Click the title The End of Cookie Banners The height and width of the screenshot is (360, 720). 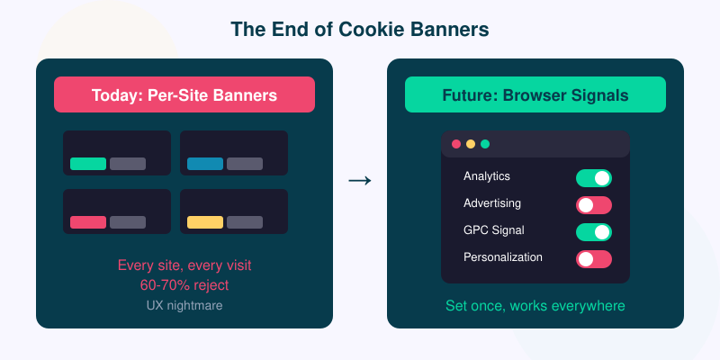click(x=360, y=29)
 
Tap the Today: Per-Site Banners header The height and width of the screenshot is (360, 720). click(x=184, y=94)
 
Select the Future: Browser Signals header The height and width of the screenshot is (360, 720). click(x=535, y=94)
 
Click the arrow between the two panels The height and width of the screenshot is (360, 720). click(x=359, y=181)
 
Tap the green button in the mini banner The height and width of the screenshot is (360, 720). click(x=88, y=164)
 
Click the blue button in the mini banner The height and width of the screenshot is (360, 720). click(x=205, y=164)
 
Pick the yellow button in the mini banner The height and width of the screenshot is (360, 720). click(x=205, y=222)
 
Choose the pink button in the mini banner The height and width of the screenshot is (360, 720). click(x=88, y=222)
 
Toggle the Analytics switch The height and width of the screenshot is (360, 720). click(x=594, y=178)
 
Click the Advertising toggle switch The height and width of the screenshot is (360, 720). click(x=594, y=205)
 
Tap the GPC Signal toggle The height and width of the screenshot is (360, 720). click(x=594, y=232)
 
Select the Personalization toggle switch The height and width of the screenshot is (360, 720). click(x=594, y=259)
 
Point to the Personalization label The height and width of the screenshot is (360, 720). click(x=503, y=257)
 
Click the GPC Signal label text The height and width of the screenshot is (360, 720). click(x=494, y=230)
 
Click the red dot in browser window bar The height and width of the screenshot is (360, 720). click(x=456, y=144)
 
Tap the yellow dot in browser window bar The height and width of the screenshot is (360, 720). click(x=471, y=144)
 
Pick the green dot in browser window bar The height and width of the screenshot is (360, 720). click(x=485, y=144)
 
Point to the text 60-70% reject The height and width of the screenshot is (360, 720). click(x=184, y=285)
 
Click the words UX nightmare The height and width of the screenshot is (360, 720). click(x=184, y=305)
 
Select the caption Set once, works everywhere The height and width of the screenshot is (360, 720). click(x=535, y=306)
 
